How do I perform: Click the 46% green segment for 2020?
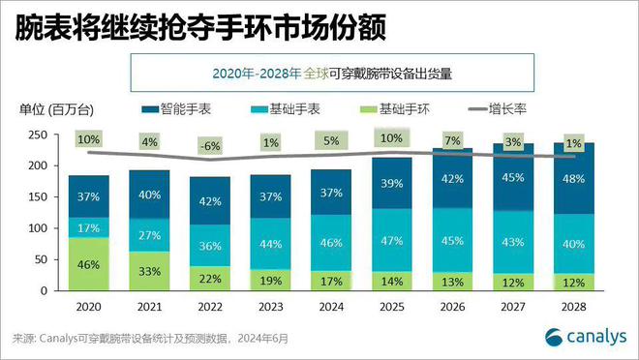[x=89, y=264]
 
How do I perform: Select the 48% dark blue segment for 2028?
[x=573, y=178]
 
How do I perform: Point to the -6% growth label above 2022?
[x=210, y=145]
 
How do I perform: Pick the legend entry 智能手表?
[x=177, y=110]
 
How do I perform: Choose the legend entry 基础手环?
[x=396, y=110]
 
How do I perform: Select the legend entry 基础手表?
[x=287, y=110]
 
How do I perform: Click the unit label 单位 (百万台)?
[x=60, y=110]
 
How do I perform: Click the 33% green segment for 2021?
[x=149, y=272]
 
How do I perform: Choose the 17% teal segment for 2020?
[x=89, y=228]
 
